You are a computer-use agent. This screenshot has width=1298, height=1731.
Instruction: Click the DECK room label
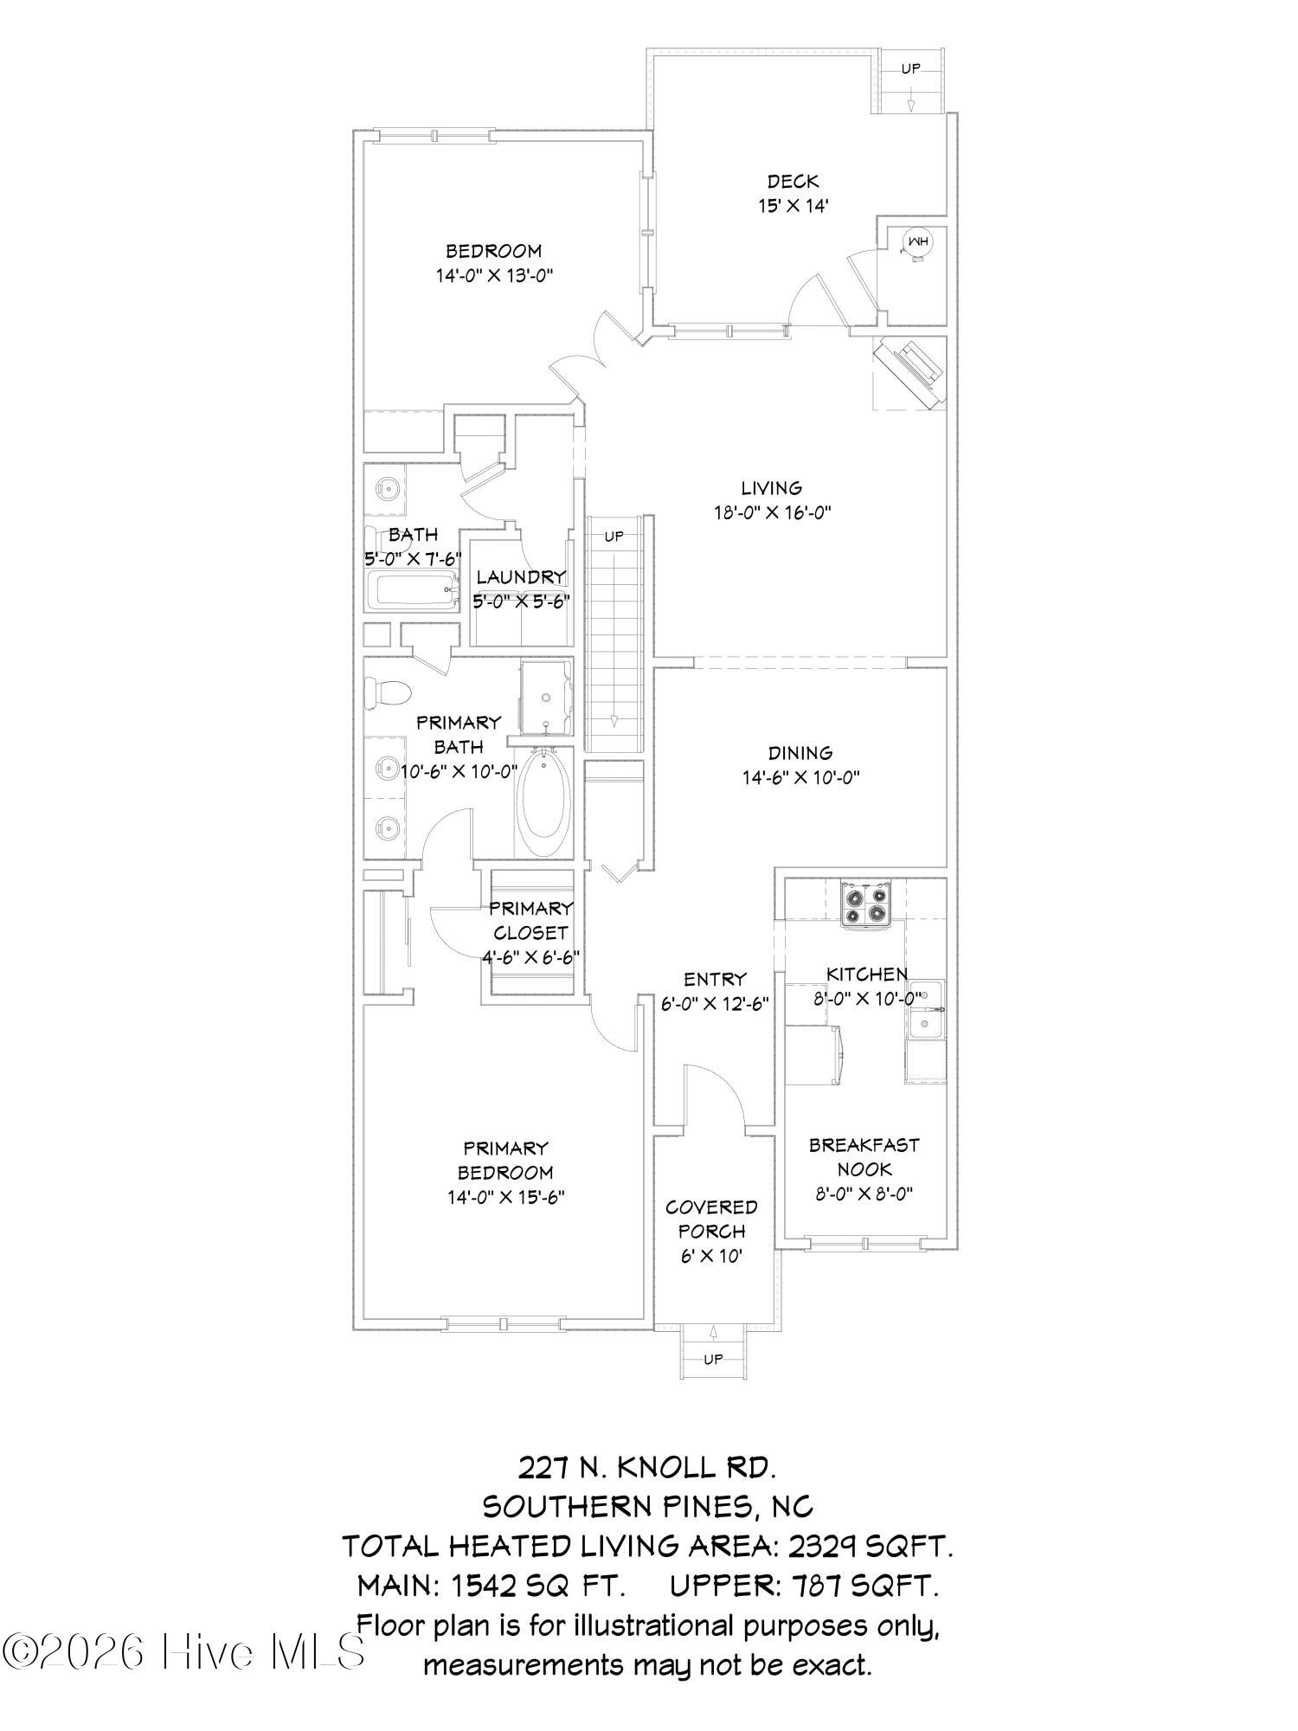click(793, 182)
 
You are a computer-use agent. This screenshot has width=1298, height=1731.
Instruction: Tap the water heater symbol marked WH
click(916, 242)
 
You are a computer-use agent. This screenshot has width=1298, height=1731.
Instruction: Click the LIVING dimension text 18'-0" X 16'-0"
click(771, 512)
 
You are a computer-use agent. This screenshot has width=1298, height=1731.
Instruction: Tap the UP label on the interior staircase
click(614, 537)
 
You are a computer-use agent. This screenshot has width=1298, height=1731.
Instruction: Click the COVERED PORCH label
click(711, 1219)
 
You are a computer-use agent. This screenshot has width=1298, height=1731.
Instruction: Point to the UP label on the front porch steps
click(712, 1360)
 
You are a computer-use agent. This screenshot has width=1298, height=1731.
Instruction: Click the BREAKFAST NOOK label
click(864, 1157)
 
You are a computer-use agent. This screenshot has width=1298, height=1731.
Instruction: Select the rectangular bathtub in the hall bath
click(413, 591)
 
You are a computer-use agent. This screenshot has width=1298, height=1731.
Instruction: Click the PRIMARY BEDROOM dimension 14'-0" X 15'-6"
click(506, 1198)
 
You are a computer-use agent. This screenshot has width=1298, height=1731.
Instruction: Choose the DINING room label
click(800, 753)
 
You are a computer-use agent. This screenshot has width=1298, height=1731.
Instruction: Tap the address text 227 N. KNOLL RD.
click(647, 1467)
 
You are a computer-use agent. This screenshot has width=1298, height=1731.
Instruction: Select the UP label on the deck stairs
click(910, 68)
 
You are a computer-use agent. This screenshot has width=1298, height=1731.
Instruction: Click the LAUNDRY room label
click(521, 577)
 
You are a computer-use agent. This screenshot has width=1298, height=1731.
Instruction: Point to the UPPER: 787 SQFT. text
click(804, 1586)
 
